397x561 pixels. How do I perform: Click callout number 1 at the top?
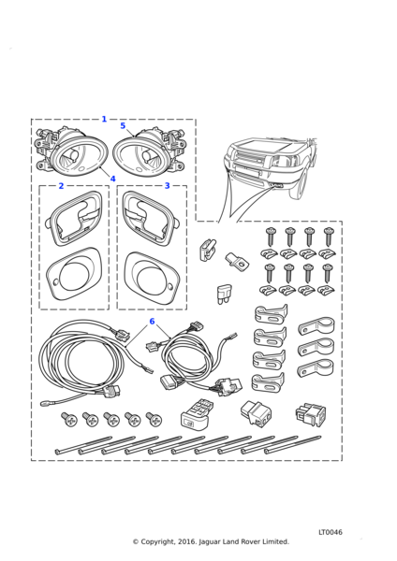(104, 119)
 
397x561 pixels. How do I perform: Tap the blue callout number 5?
(123, 125)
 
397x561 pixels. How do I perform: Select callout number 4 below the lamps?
(113, 179)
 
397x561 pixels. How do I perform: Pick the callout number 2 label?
(61, 186)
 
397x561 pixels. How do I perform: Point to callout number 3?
(167, 186)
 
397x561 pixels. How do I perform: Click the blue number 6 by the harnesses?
(152, 322)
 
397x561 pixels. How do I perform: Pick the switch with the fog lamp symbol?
(193, 413)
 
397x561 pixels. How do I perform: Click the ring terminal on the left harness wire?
(45, 404)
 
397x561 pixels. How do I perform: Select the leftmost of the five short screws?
(69, 419)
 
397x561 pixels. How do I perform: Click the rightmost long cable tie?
(293, 444)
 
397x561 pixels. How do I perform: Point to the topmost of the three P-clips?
(316, 324)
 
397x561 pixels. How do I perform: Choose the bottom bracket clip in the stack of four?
(268, 382)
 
